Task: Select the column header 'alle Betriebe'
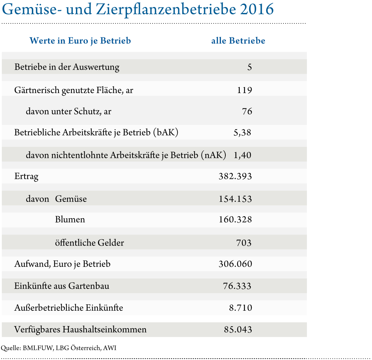click(238, 41)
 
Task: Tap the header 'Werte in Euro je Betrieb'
click(80, 41)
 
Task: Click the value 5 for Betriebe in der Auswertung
click(249, 67)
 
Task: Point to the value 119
click(244, 90)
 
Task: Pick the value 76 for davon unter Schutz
click(247, 112)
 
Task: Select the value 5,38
click(242, 133)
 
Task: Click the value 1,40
click(242, 155)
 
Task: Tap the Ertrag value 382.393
click(235, 176)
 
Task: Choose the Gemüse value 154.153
click(235, 199)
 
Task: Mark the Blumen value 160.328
click(235, 220)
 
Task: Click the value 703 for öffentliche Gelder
click(244, 242)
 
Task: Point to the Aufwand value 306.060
click(235, 264)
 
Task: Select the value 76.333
click(237, 286)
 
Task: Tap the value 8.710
click(240, 308)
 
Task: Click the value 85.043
click(238, 330)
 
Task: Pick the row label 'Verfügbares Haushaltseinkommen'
click(80, 330)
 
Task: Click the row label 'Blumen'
click(70, 220)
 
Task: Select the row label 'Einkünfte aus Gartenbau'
click(62, 286)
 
